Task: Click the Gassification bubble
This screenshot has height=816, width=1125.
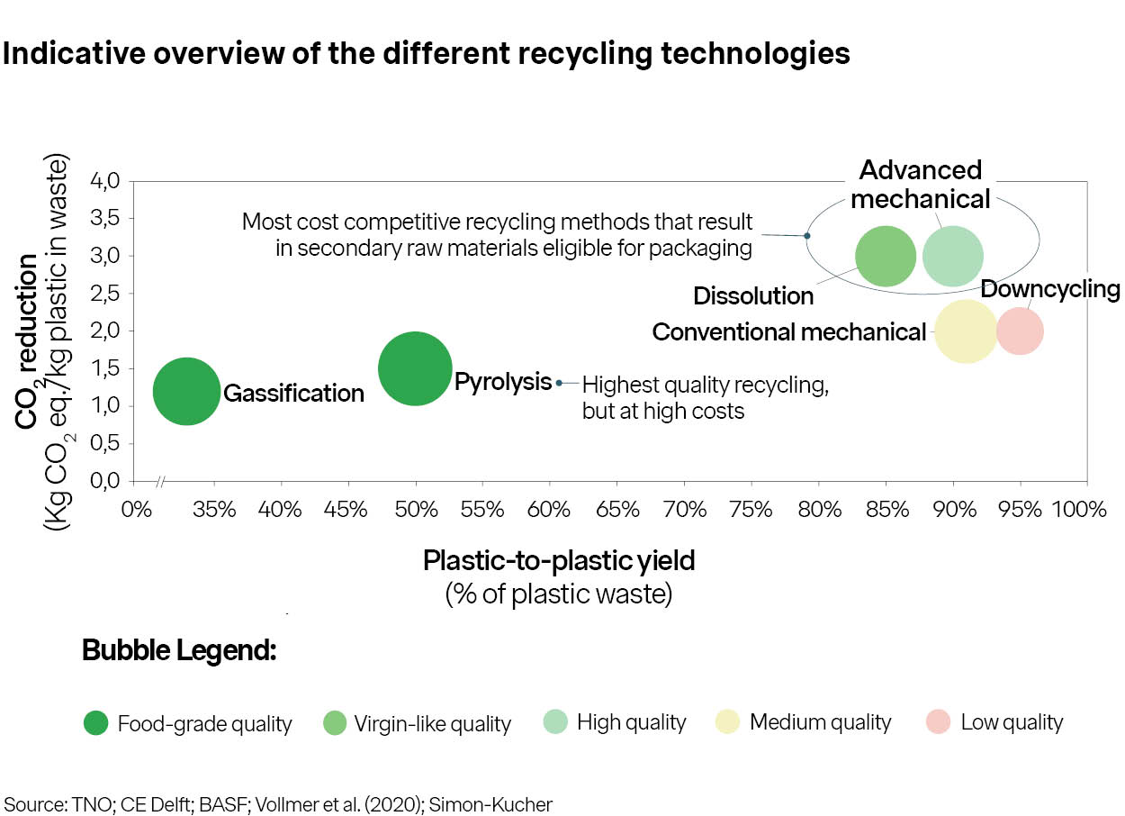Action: tap(186, 392)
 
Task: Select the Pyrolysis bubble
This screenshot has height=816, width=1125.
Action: tap(415, 368)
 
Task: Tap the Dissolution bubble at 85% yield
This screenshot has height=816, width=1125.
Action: tap(886, 256)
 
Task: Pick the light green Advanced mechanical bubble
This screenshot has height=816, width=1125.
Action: tap(953, 256)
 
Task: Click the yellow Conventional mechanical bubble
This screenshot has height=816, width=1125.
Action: tap(966, 331)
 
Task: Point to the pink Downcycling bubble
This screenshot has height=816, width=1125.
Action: tap(1020, 331)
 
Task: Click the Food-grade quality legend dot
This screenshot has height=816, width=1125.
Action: tap(95, 722)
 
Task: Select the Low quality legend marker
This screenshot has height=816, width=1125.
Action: tap(939, 722)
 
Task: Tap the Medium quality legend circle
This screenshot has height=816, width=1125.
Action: tap(727, 722)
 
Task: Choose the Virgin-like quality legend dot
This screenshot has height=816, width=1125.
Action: tap(333, 722)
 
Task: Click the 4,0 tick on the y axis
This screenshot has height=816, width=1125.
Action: tap(105, 181)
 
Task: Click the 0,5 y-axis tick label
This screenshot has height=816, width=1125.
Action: tap(105, 443)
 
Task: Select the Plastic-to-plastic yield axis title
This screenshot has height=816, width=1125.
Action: tap(559, 561)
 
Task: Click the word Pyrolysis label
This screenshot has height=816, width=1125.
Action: tap(502, 382)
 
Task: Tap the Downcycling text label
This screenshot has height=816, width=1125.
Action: tap(1049, 290)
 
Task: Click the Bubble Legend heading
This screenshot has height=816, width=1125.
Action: tap(179, 650)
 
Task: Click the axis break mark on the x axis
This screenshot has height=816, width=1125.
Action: tap(160, 482)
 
